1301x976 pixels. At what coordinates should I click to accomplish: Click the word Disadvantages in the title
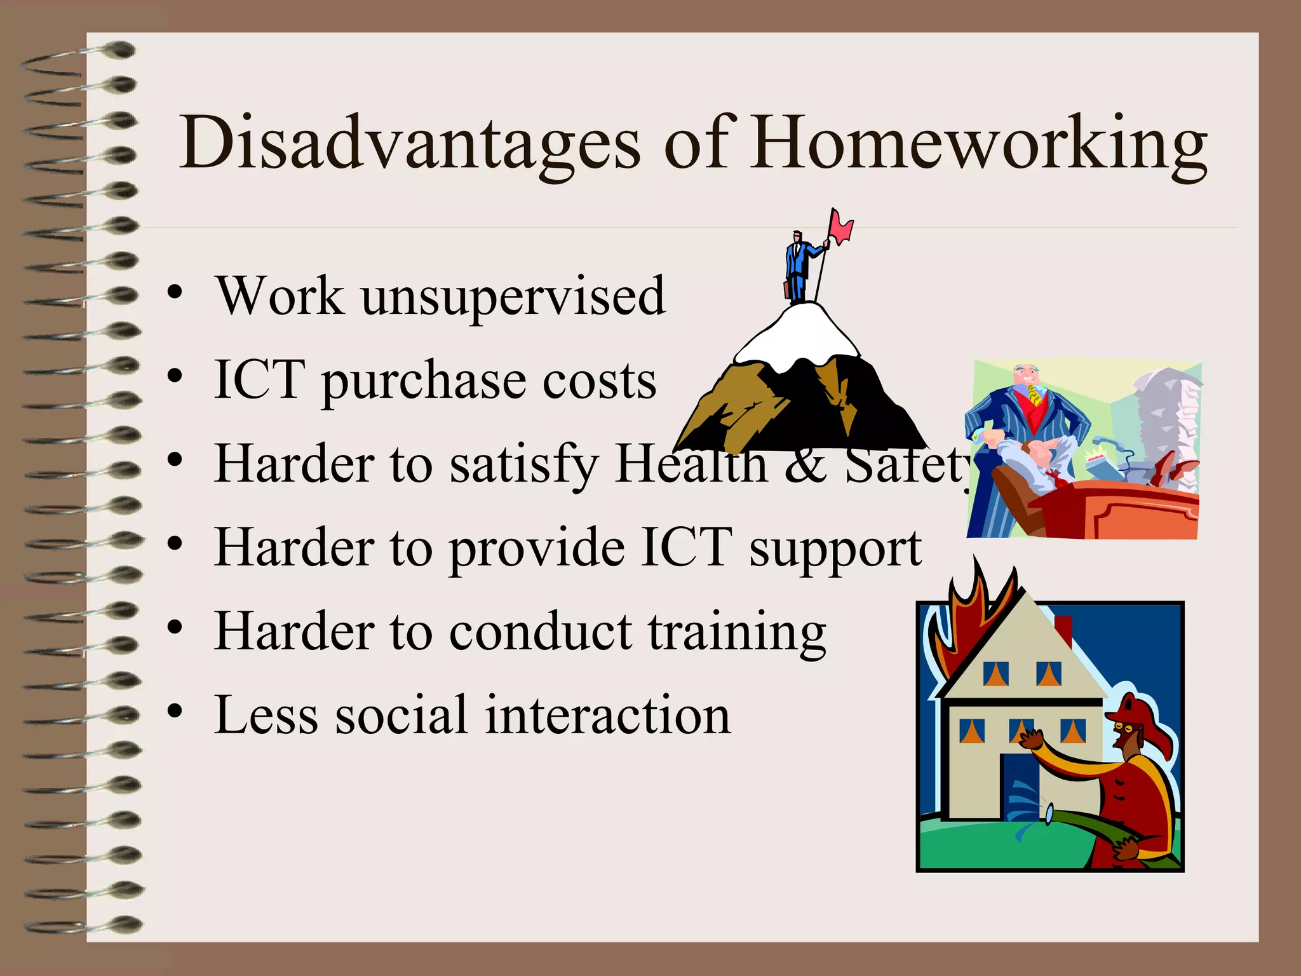[410, 143]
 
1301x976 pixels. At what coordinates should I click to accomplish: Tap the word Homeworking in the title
[978, 143]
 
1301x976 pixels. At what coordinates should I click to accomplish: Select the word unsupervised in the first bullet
[513, 296]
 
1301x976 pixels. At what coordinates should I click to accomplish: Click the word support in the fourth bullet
[835, 549]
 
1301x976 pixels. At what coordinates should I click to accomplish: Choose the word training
[737, 633]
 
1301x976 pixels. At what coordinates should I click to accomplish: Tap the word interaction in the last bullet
[608, 715]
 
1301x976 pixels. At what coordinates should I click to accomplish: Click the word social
[401, 715]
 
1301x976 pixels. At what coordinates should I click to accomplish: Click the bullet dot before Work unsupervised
[175, 292]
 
